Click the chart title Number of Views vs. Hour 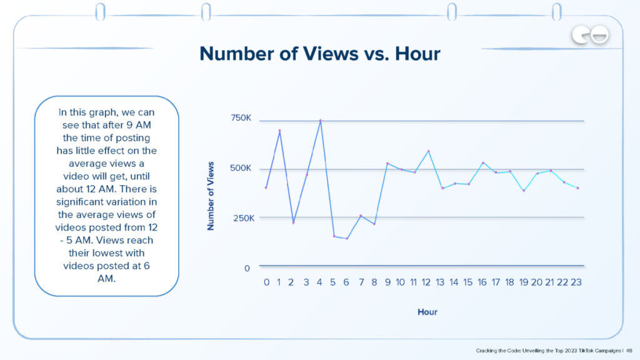319,54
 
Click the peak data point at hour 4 321,121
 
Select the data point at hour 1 279,131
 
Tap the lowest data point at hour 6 347,238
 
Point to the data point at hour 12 429,151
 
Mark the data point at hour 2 293,222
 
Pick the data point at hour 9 387,164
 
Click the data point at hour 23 577,188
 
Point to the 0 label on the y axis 247,268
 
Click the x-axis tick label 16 482,282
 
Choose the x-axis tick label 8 374,282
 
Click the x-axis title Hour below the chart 427,312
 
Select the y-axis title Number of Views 211,196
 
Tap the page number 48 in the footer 629,351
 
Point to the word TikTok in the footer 583,351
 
